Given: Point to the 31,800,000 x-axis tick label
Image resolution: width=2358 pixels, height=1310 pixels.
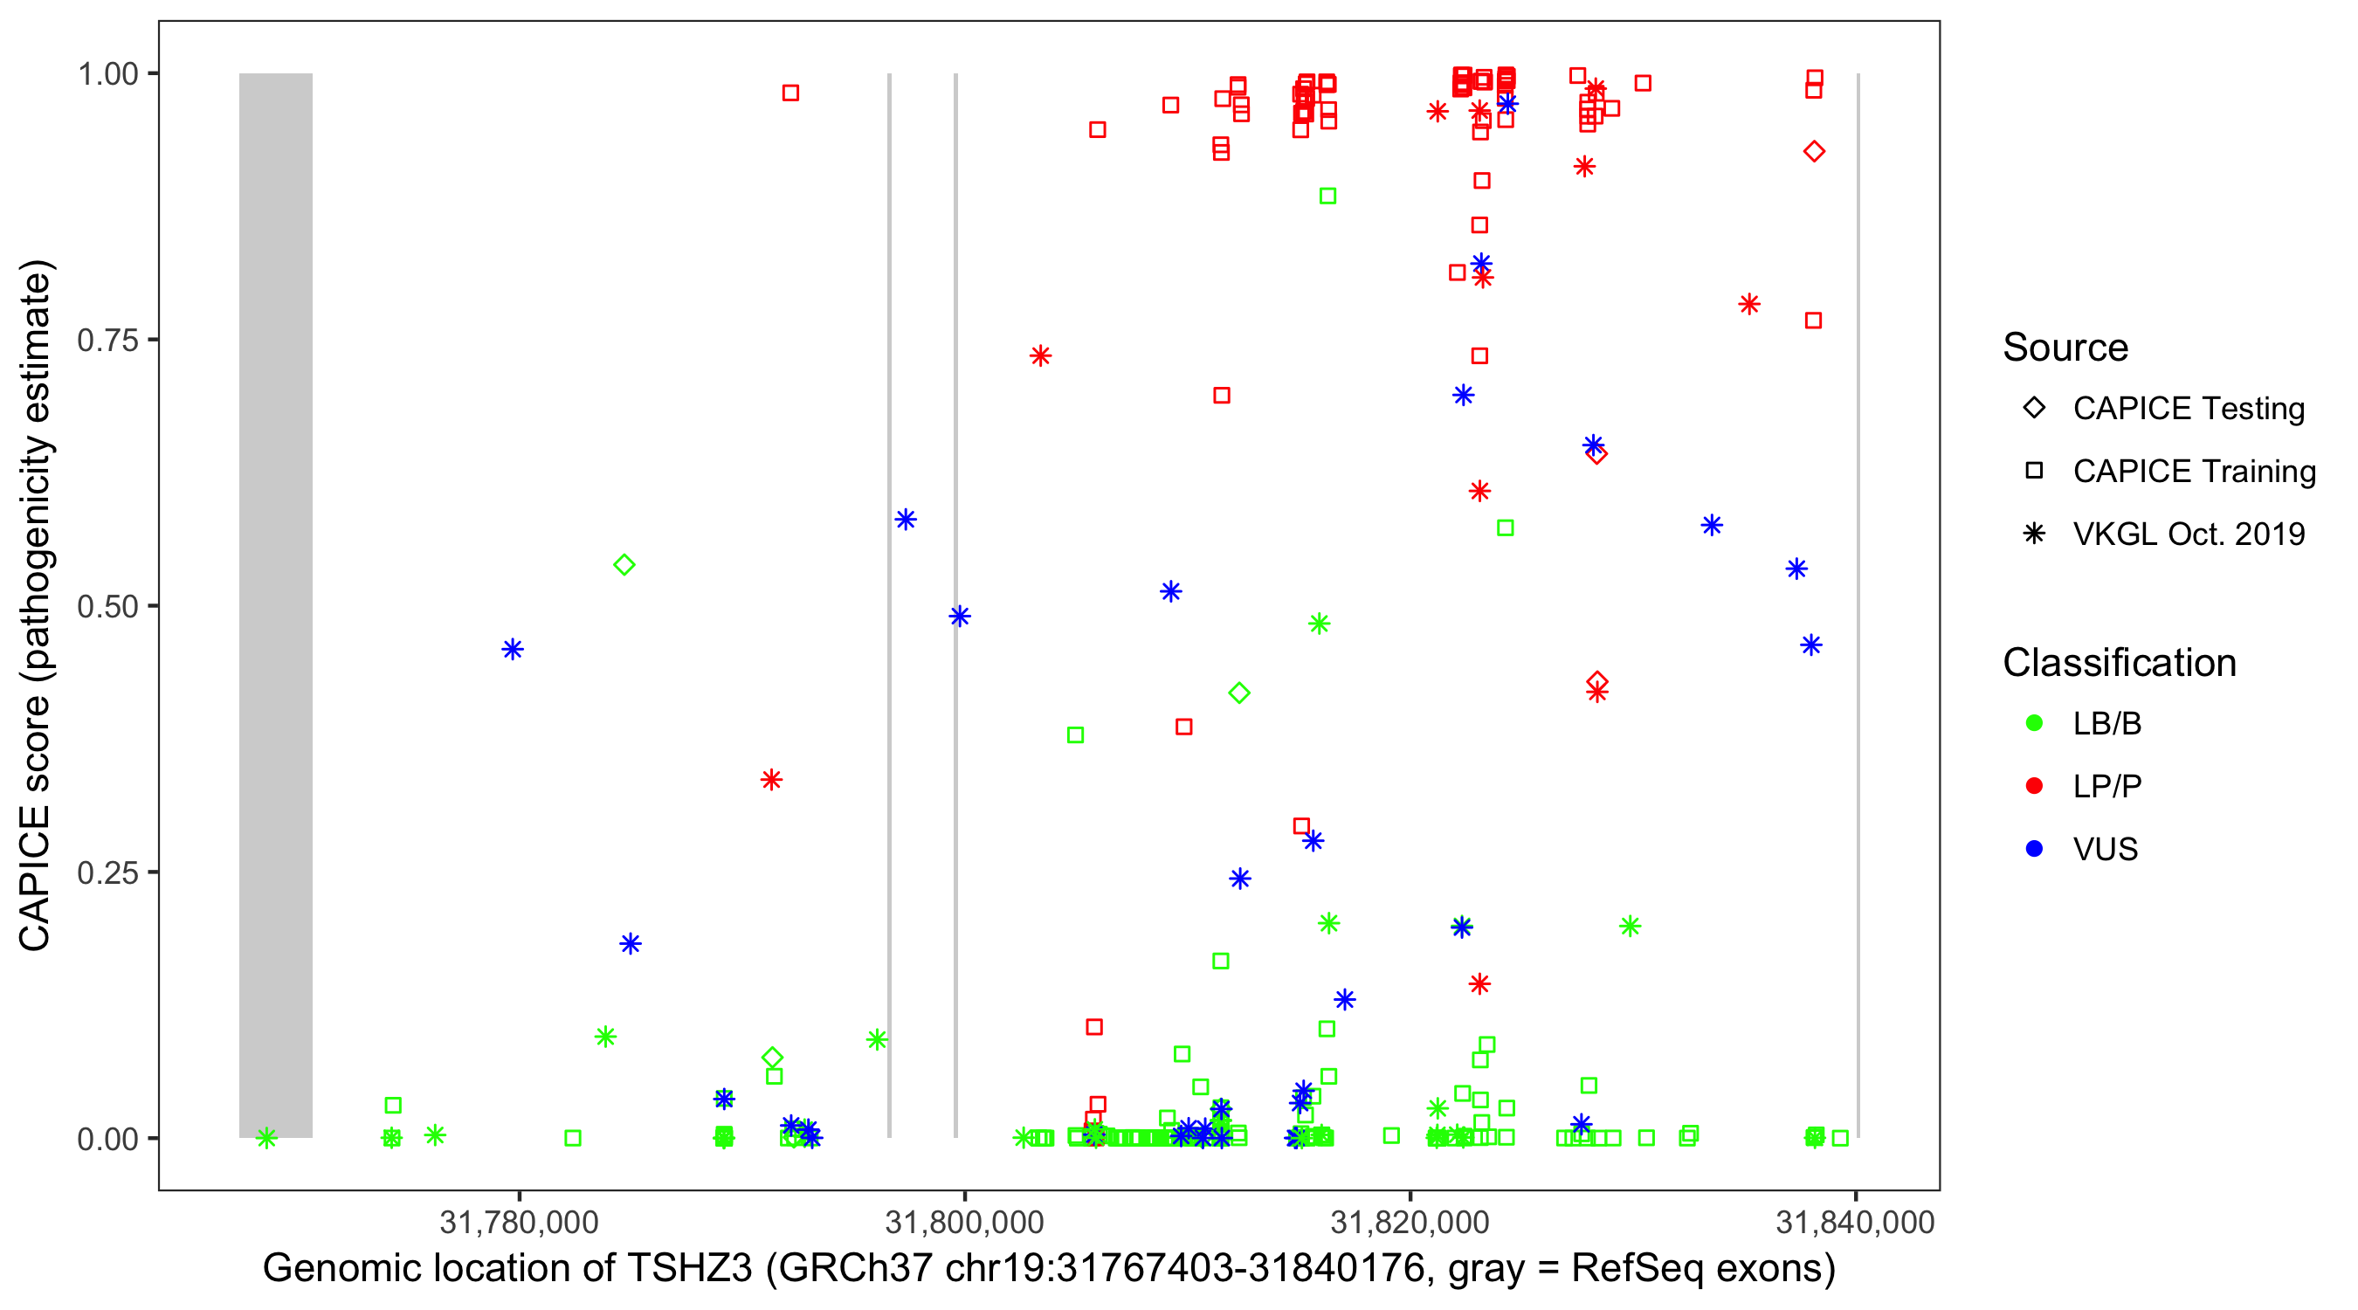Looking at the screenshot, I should (964, 1222).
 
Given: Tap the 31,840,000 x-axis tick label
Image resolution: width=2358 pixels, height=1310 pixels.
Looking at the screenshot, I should (1855, 1222).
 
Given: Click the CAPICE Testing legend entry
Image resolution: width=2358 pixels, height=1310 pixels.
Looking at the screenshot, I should (2188, 409).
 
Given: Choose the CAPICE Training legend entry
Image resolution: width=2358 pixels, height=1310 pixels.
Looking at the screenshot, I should (2193, 472).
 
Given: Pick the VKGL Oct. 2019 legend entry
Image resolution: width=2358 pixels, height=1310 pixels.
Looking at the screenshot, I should (2188, 534).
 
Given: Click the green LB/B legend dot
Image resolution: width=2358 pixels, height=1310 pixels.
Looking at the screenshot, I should (2034, 723).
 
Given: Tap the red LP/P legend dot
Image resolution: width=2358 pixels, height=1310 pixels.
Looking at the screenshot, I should (2034, 786).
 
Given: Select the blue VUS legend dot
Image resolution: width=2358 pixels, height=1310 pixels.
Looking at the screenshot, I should (2034, 849).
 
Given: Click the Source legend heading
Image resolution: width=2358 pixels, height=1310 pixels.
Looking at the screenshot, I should (2065, 348).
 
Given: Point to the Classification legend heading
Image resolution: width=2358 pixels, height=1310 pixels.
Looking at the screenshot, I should (2118, 663).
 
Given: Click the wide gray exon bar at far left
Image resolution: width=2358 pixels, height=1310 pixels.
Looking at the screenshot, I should (275, 604).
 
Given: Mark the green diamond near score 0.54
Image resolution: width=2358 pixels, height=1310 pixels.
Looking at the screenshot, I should (624, 565).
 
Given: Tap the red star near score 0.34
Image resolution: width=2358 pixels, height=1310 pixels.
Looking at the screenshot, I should (772, 780).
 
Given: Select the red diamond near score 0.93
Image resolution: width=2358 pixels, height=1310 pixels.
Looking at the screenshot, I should (1814, 152).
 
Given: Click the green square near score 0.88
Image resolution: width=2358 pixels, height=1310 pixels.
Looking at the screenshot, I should (1327, 196).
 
